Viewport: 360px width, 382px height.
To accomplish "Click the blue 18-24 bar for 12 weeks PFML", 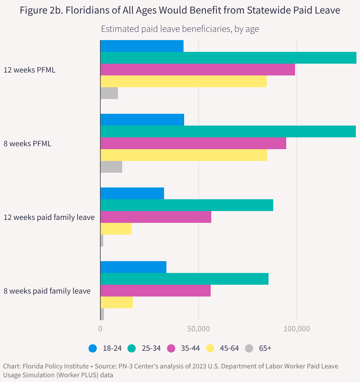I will (142, 46).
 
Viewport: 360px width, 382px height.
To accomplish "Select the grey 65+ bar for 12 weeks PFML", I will (109, 93).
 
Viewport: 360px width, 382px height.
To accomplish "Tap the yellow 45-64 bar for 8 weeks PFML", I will (184, 155).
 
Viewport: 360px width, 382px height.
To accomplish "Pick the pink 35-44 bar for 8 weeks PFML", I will (193, 143).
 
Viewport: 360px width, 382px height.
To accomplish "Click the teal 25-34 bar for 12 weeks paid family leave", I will (187, 205).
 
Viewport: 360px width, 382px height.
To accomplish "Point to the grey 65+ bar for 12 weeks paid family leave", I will (102, 241).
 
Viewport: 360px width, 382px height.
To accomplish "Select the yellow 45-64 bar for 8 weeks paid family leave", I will (117, 302).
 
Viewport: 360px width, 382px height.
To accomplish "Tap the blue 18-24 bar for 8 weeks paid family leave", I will (133, 267).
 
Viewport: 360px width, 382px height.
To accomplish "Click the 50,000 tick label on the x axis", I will (199, 328).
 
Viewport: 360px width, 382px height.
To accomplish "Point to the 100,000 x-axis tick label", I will (297, 328).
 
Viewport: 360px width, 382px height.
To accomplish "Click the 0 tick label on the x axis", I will (100, 328).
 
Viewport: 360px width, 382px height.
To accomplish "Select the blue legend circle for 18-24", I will (93, 348).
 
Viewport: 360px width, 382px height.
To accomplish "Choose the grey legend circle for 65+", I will (249, 348).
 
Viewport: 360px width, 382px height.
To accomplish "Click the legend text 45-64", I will (229, 348).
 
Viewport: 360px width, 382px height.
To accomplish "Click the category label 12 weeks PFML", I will (30, 70).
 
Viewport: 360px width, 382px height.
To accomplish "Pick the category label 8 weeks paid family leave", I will (47, 291).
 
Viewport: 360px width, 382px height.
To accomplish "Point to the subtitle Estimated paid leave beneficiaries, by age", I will (180, 29).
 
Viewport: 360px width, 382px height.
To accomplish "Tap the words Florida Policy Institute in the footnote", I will (55, 366).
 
